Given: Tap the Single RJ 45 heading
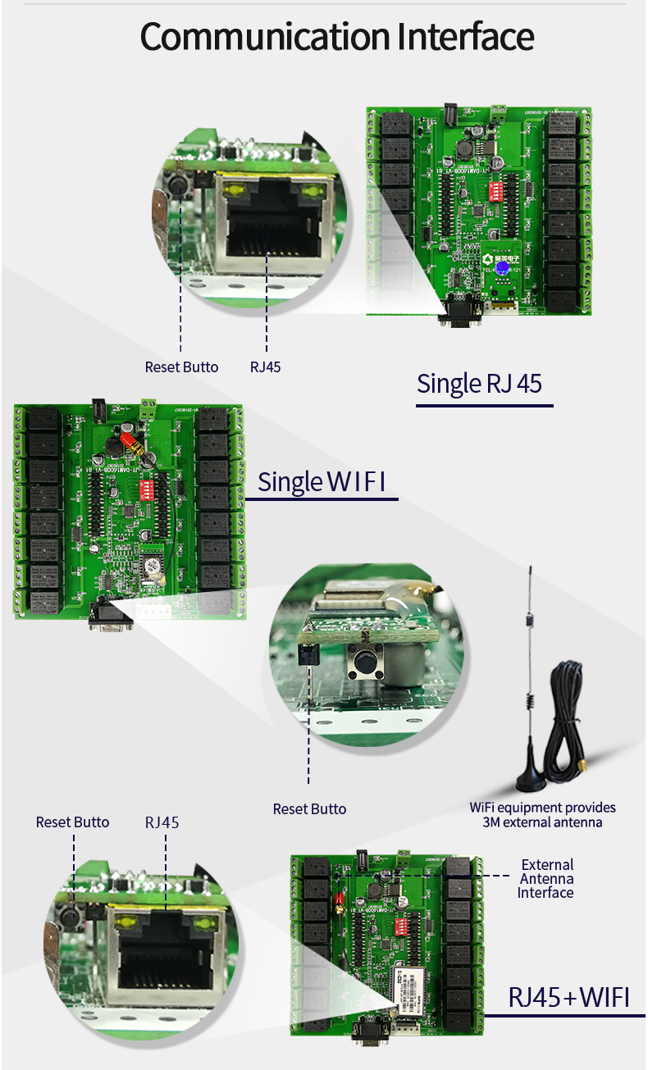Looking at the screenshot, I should coord(479,384).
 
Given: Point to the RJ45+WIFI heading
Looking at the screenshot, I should coord(568,997).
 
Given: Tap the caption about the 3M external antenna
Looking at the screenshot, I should coord(542,815).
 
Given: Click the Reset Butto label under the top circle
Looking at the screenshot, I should coord(181,367).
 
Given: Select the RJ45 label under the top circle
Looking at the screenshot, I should coord(266,367).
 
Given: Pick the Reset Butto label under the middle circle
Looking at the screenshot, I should coord(309,809).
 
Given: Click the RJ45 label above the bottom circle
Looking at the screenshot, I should coord(162,822).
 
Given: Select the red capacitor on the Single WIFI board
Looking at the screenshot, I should coord(130,443).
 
